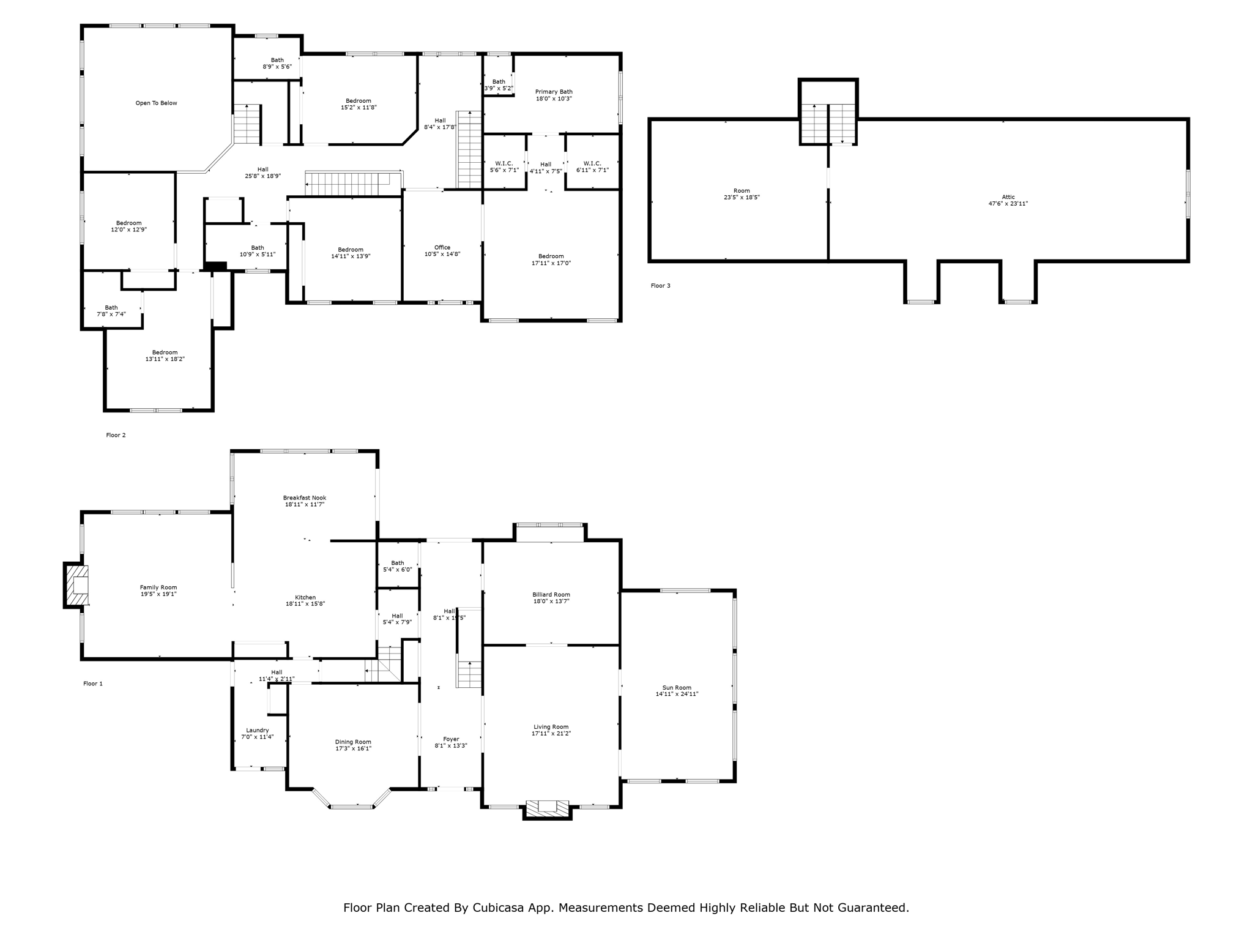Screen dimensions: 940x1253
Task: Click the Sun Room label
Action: click(677, 687)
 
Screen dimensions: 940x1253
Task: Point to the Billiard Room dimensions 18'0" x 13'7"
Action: click(551, 601)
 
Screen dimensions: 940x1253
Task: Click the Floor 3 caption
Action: click(660, 286)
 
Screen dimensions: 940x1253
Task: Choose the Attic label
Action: click(1008, 197)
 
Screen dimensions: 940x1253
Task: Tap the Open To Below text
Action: click(156, 103)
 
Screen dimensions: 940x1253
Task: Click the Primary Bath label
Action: click(554, 92)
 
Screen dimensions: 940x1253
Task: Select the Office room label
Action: click(442, 247)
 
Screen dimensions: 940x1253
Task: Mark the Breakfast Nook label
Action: click(304, 498)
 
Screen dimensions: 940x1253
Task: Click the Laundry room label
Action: click(257, 730)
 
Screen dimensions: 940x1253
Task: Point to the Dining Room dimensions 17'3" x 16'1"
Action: click(353, 748)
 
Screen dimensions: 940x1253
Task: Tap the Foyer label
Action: click(451, 739)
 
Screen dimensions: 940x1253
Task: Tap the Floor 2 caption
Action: click(116, 435)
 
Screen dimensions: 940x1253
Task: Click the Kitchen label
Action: click(305, 597)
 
